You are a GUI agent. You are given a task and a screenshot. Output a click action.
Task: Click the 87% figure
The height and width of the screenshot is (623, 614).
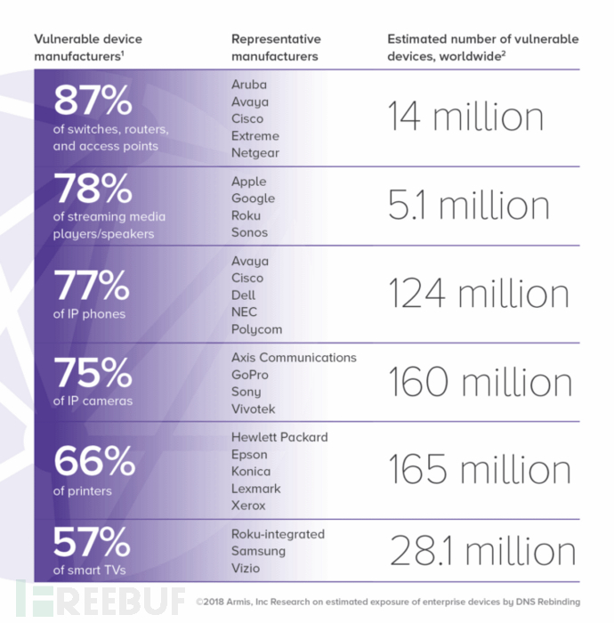[93, 101]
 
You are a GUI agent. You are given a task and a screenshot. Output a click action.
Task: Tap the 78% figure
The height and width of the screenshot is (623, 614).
[93, 189]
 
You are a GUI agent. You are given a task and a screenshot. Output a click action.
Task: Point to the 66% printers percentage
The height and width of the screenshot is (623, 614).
[93, 460]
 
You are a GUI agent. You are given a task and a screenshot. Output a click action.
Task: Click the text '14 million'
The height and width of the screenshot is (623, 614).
[465, 117]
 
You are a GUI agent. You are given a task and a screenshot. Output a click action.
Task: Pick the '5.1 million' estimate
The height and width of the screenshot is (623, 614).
[468, 206]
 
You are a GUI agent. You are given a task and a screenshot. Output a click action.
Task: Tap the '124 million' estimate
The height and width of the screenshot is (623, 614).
[479, 294]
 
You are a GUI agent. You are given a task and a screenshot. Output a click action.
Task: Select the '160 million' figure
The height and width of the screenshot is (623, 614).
[481, 382]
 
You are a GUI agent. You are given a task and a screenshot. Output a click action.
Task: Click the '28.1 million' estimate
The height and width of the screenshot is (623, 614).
[482, 551]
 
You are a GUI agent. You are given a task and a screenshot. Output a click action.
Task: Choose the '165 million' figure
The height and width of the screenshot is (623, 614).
[481, 470]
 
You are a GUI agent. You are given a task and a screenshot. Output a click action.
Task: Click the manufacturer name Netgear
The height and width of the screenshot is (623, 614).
[255, 152]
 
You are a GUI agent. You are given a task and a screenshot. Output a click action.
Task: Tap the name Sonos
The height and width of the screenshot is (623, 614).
[249, 232]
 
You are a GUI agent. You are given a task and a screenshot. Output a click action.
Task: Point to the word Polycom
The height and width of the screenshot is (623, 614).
[256, 329]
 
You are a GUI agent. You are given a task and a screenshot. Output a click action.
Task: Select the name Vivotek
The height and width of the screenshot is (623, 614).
[253, 409]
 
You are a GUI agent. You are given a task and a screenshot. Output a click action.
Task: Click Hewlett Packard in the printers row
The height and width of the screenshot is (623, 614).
[279, 437]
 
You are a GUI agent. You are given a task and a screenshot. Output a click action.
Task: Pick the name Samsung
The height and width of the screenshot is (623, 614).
[258, 551]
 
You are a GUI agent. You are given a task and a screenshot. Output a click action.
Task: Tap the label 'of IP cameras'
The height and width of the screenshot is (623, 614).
[93, 400]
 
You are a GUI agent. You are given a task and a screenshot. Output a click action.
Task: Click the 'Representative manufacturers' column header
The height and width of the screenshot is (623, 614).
[276, 47]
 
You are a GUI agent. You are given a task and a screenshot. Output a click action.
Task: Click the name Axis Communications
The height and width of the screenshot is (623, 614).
[294, 357]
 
